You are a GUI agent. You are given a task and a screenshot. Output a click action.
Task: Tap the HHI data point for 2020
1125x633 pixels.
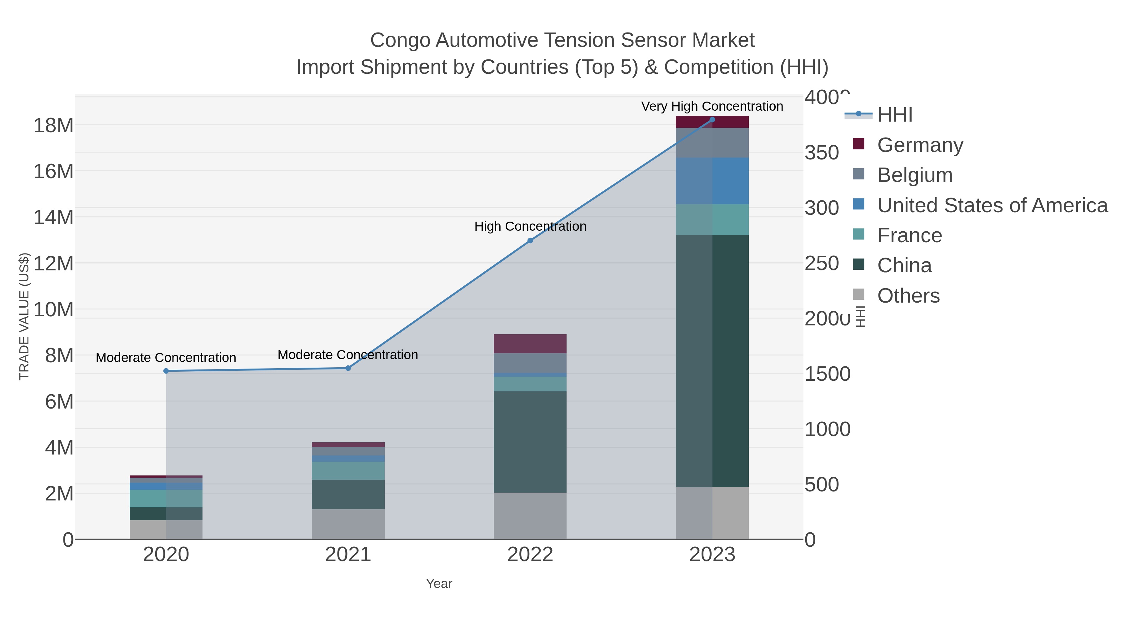tap(166, 371)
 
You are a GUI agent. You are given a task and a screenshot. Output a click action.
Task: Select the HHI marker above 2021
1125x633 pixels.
tap(348, 368)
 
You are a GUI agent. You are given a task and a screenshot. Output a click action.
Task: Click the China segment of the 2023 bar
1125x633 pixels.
tap(712, 360)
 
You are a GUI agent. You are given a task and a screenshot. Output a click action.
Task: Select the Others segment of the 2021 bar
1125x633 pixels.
tap(348, 524)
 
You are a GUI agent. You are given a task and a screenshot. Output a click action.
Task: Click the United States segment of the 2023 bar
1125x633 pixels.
tap(712, 181)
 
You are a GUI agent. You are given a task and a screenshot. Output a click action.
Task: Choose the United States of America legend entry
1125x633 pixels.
tap(992, 205)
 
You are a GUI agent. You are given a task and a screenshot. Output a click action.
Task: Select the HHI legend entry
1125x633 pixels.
tap(894, 115)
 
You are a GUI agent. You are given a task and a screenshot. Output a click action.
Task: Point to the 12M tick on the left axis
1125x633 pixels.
tap(53, 264)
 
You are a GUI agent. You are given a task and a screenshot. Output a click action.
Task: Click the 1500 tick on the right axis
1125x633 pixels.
tap(827, 374)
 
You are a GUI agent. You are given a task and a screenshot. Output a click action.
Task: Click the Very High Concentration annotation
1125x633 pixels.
tap(712, 106)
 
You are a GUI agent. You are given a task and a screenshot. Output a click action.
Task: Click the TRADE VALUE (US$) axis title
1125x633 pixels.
tap(24, 316)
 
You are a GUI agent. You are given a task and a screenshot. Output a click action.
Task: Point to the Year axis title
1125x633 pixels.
tap(439, 584)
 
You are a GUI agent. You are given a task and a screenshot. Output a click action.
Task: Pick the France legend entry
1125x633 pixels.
tap(909, 235)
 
